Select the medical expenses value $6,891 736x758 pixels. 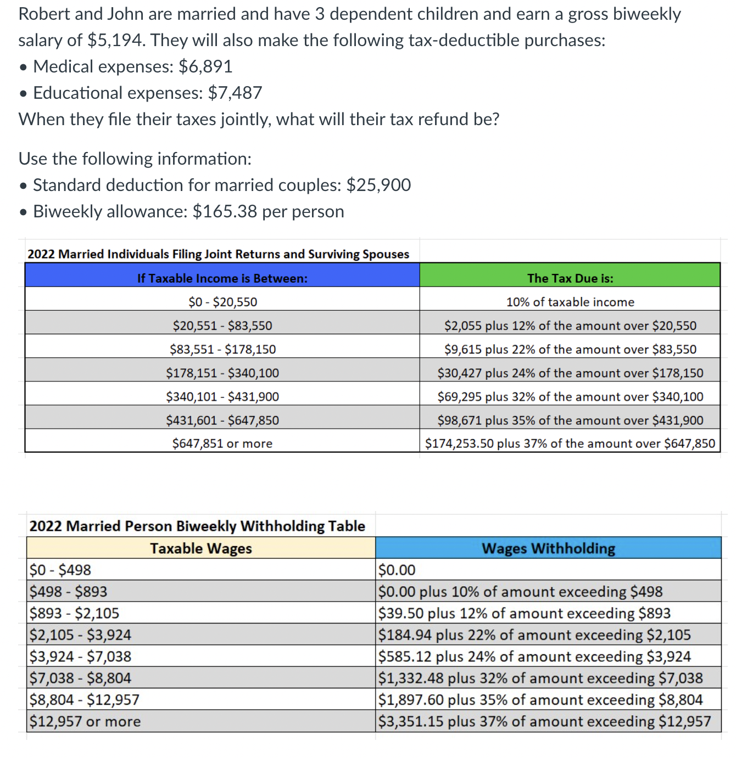tap(205, 66)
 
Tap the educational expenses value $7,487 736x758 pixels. tap(235, 93)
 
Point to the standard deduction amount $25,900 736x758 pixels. tap(378, 185)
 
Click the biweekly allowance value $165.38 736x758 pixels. tap(225, 211)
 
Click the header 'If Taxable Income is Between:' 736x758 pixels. tap(222, 278)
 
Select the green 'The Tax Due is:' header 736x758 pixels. tap(570, 278)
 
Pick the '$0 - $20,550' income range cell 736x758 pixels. tap(222, 302)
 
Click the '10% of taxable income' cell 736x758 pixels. tap(570, 302)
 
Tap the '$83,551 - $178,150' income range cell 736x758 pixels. tap(222, 349)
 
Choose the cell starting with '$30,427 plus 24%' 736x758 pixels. tap(570, 373)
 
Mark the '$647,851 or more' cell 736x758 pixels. tap(222, 443)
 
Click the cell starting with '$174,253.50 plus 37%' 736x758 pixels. tap(570, 443)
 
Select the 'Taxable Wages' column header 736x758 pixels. tap(201, 548)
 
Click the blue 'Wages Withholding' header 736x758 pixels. tap(548, 548)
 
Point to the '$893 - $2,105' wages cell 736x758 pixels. tap(74, 613)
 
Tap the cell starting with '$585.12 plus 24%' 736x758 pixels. tap(534, 656)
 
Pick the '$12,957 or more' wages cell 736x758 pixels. tap(85, 721)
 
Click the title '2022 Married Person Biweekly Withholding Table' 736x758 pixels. tap(197, 526)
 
